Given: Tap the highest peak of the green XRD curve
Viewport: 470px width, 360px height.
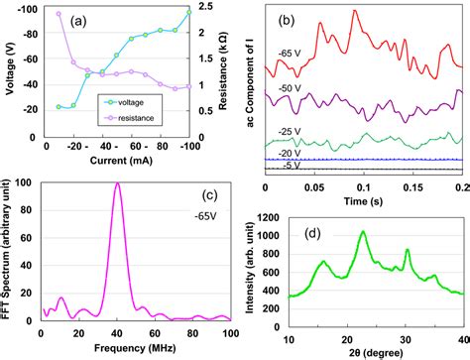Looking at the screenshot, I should (x=363, y=232).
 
